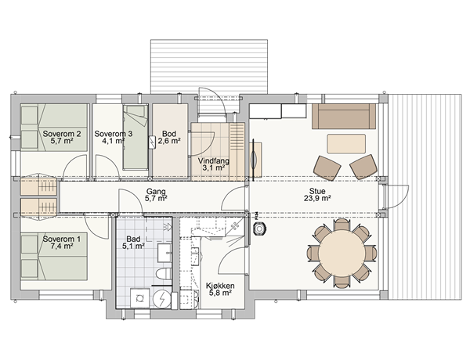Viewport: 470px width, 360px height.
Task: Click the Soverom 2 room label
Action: pyautogui.click(x=62, y=134)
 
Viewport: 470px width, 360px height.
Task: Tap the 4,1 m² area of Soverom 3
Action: pyautogui.click(x=114, y=141)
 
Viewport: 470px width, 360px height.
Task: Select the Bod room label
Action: pyautogui.click(x=169, y=134)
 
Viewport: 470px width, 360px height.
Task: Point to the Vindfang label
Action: pyautogui.click(x=214, y=161)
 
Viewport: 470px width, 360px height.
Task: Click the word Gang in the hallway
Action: pyautogui.click(x=156, y=191)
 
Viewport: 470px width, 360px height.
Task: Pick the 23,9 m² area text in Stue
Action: pyautogui.click(x=317, y=198)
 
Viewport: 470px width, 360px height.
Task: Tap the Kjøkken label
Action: pyautogui.click(x=220, y=286)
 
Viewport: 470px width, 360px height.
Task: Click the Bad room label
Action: pyautogui.click(x=133, y=239)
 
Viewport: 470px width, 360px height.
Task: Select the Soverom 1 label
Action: pyautogui.click(x=62, y=239)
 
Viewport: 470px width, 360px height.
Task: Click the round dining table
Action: pyautogui.click(x=342, y=253)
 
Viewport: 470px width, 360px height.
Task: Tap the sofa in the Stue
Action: pyautogui.click(x=344, y=116)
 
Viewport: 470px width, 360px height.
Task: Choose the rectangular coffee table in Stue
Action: pyautogui.click(x=346, y=144)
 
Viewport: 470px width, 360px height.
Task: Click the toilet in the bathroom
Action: pyautogui.click(x=164, y=274)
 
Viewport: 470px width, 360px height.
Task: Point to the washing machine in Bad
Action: pyautogui.click(x=139, y=298)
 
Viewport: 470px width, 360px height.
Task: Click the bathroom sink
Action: pyautogui.click(x=164, y=253)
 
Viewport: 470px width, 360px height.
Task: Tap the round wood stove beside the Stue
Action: pyautogui.click(x=258, y=229)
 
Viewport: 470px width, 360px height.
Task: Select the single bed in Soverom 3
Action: pyautogui.click(x=136, y=137)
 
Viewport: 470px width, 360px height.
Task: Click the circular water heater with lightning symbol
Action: pyautogui.click(x=162, y=299)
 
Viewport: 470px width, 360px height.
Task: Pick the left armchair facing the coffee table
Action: pyautogui.click(x=327, y=167)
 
